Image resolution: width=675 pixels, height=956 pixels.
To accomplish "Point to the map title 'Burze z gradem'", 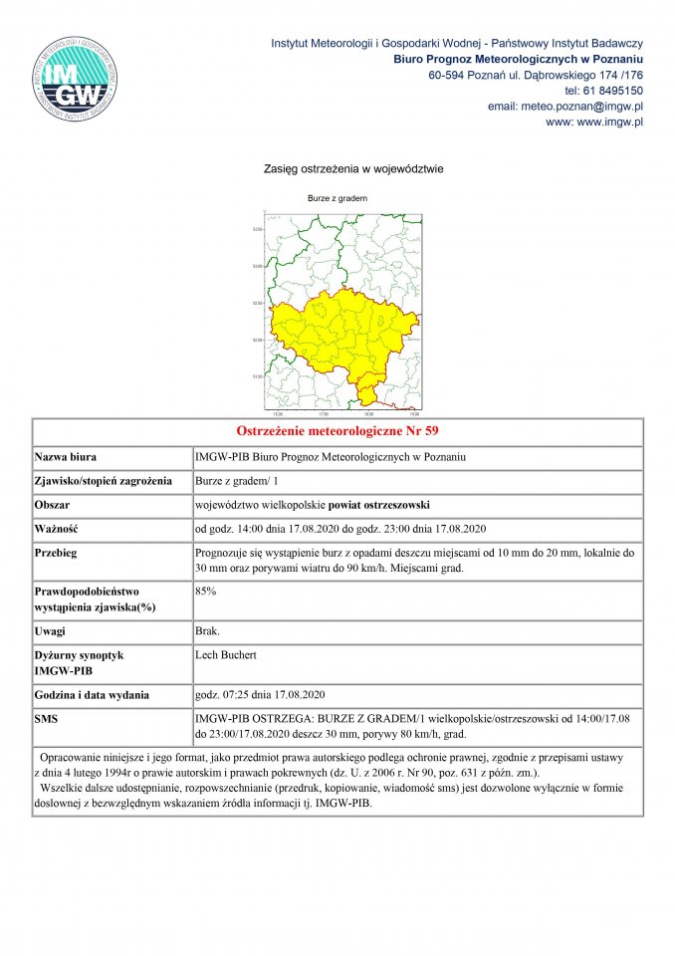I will pyautogui.click(x=337, y=198).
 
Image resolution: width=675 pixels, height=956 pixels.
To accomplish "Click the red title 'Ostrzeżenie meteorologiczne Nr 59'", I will pyautogui.click(x=337, y=431).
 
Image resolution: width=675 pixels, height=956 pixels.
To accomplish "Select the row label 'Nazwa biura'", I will pyautogui.click(x=66, y=457).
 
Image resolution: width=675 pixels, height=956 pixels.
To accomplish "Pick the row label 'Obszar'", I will pyautogui.click(x=56, y=505).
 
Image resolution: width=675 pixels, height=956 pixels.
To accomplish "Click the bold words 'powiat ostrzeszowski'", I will pyautogui.click(x=387, y=505).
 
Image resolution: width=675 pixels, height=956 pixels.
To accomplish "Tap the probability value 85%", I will pyautogui.click(x=206, y=592).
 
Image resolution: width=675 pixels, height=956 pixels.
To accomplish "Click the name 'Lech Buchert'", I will pyautogui.click(x=226, y=655).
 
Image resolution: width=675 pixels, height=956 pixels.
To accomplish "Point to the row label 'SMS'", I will pyautogui.click(x=48, y=717).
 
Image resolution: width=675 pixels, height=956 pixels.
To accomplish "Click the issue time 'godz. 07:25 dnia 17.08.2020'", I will pyautogui.click(x=261, y=694).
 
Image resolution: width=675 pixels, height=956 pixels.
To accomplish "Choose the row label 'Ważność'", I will pyautogui.click(x=57, y=529).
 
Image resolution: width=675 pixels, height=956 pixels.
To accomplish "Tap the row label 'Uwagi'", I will pyautogui.click(x=53, y=631).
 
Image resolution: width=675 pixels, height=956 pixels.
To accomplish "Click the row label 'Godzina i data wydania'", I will pyautogui.click(x=92, y=694).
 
